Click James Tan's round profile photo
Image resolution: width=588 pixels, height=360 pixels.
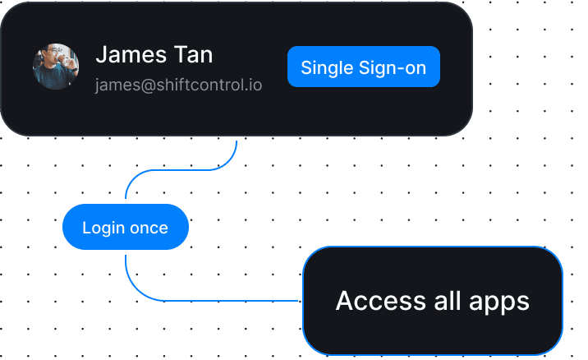tap(56, 66)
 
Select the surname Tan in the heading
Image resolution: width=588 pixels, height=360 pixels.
tap(193, 55)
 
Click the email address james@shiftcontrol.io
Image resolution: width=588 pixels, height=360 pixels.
tap(178, 85)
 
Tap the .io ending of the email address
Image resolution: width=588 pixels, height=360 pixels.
tap(254, 85)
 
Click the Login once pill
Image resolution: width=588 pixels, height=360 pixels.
tap(126, 228)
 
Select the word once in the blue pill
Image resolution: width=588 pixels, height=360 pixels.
tap(149, 228)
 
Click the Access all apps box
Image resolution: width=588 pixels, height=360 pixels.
tap(432, 301)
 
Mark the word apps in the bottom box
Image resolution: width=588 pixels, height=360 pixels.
tap(500, 301)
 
